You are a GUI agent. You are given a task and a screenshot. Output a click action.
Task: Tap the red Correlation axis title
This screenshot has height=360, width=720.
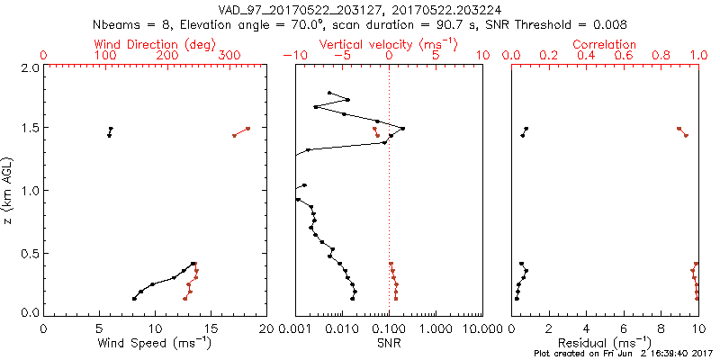pyautogui.click(x=605, y=44)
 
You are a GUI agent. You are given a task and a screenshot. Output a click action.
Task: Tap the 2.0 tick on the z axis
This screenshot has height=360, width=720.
pyautogui.click(x=30, y=67)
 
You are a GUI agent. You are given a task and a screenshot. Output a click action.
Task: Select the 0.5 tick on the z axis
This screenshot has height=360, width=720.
pyautogui.click(x=30, y=252)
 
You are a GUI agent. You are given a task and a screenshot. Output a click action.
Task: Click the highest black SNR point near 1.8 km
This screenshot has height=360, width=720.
pyautogui.click(x=329, y=93)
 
